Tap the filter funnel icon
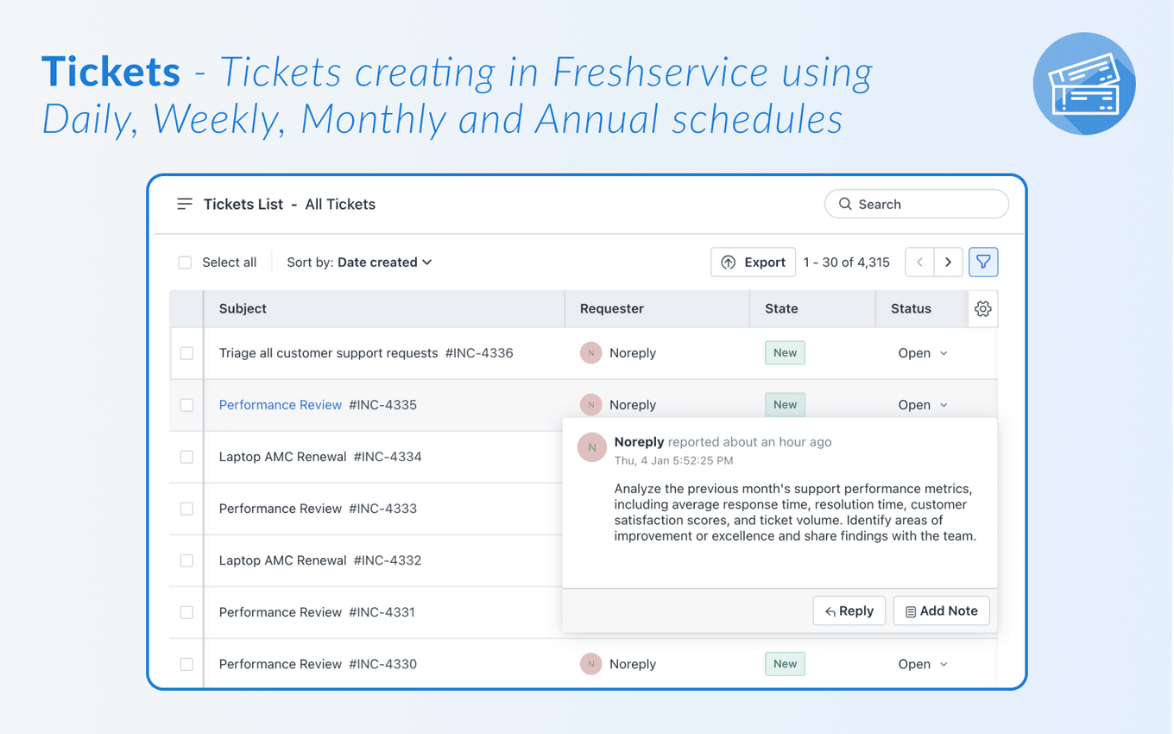coord(983,263)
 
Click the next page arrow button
coord(948,263)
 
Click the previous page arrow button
coord(919,263)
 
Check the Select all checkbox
coord(185,263)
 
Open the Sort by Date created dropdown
coord(359,263)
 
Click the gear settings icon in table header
coord(982,309)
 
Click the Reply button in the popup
coord(849,611)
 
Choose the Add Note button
coord(941,611)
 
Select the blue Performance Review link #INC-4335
coord(281,405)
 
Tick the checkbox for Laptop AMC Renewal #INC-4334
coord(186,457)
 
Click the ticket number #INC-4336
coord(479,353)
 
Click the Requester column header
coord(612,309)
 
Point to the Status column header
coord(911,309)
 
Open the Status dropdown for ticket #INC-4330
coord(923,664)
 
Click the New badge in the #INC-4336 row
coord(785,353)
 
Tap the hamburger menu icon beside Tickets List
coord(185,205)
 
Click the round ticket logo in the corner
coord(1084,84)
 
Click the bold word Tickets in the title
coord(110,72)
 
